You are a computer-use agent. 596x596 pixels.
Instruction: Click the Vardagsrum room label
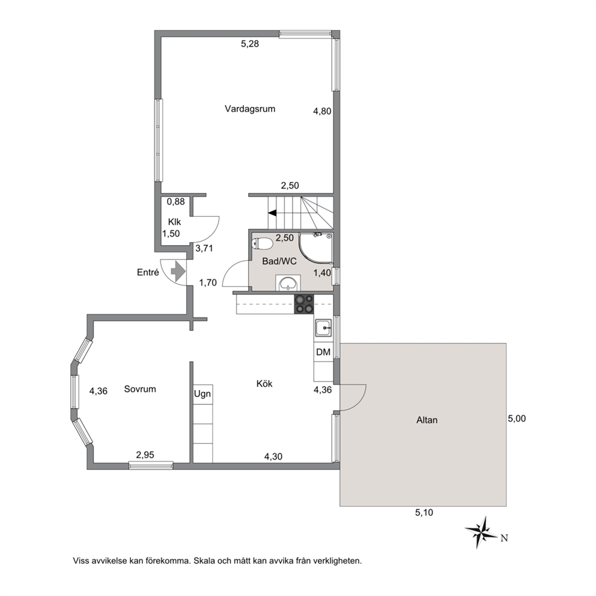(250, 109)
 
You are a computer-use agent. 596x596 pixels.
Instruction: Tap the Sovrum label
(140, 389)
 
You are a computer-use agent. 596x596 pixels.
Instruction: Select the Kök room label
(264, 384)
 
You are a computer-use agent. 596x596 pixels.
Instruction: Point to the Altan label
(427, 420)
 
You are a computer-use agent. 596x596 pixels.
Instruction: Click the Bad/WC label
(279, 261)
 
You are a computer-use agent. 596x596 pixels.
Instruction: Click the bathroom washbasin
(288, 283)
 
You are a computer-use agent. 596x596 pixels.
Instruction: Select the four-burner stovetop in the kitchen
(304, 304)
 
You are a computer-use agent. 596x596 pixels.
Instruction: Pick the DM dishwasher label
(323, 352)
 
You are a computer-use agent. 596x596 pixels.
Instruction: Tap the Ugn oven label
(202, 394)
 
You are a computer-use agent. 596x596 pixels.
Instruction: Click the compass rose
(481, 532)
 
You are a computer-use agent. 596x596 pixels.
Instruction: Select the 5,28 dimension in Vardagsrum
(250, 44)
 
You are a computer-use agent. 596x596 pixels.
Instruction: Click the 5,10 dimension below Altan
(424, 512)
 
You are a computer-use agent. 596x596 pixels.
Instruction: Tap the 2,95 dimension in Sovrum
(145, 455)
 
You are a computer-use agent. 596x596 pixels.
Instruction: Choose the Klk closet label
(175, 222)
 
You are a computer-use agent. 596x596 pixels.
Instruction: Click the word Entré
(148, 272)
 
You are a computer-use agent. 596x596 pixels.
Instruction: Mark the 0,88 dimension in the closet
(176, 202)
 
